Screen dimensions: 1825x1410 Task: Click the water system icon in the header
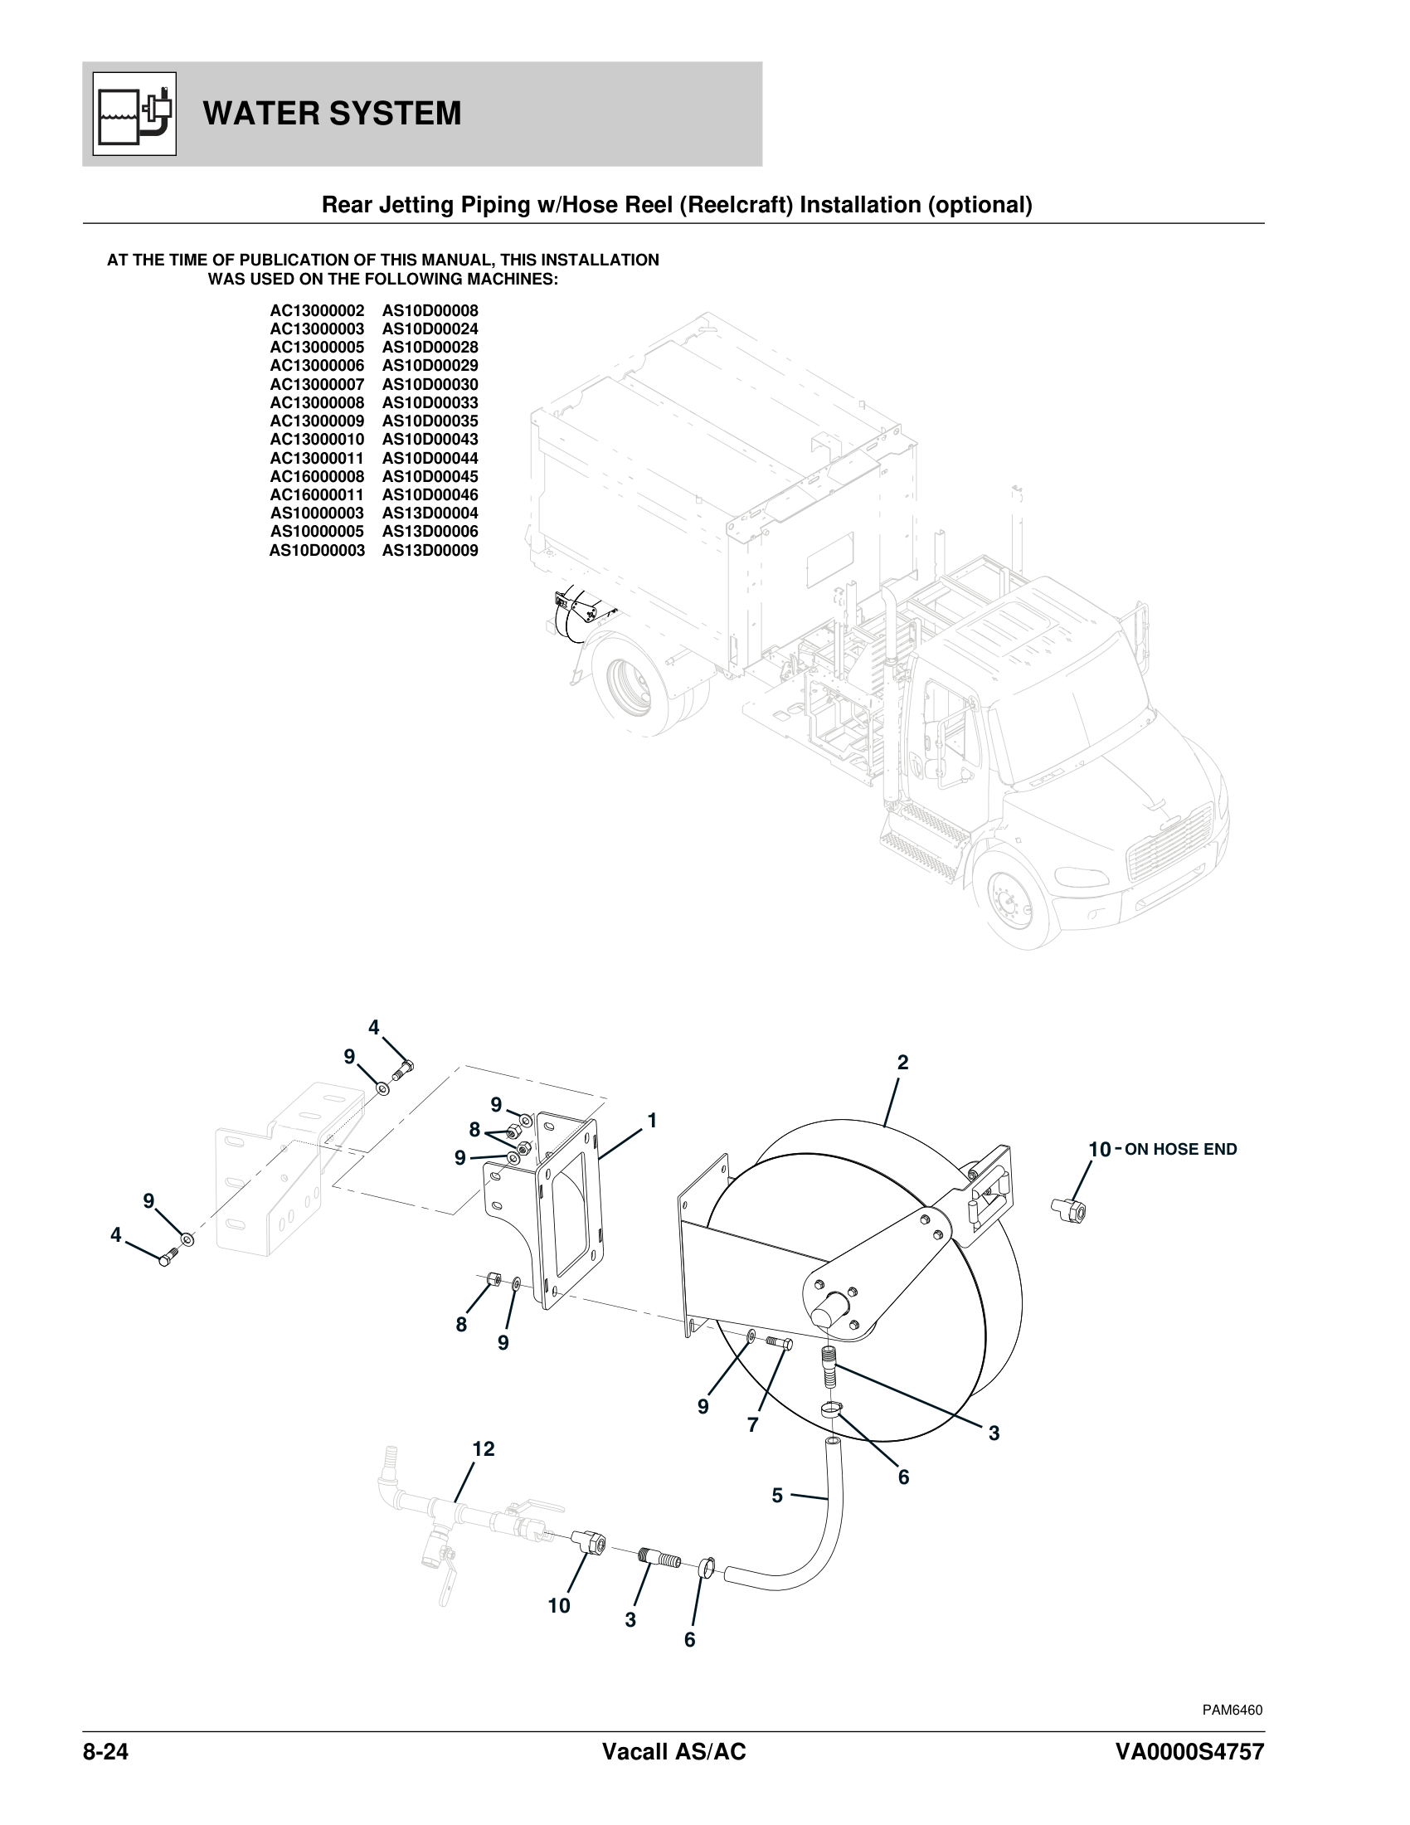tap(134, 114)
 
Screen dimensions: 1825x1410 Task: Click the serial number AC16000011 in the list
tap(317, 494)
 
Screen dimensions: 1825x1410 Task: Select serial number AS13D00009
tap(430, 551)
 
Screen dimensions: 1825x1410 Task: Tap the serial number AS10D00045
tap(430, 476)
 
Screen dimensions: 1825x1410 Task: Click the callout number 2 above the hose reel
tap(902, 1063)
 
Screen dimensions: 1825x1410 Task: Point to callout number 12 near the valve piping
tap(483, 1448)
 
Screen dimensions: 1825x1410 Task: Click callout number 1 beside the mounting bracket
tap(653, 1121)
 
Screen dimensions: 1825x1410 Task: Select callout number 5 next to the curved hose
tap(777, 1495)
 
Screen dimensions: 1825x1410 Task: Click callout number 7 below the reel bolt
tap(752, 1424)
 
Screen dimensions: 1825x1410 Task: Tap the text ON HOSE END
tap(1180, 1150)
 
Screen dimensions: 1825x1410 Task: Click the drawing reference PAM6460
tap(1232, 1710)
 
